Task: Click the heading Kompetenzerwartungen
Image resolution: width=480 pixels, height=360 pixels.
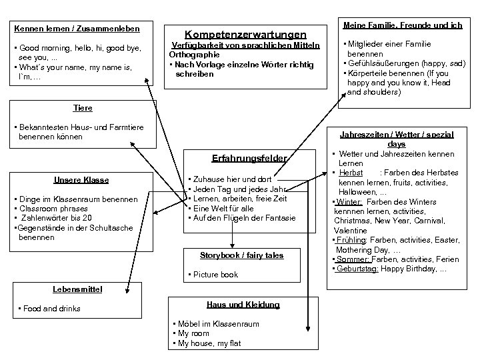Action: point(245,33)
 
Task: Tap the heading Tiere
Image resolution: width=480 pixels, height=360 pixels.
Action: point(83,107)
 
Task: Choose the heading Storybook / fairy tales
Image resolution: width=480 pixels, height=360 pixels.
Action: point(241,255)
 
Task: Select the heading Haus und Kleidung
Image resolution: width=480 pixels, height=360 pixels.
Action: point(243,304)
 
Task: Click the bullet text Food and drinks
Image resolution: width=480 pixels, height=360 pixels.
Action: point(51,309)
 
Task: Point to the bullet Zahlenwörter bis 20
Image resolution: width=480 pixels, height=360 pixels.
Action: point(55,219)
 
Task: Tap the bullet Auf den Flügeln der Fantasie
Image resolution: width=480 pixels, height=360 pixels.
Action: point(243,218)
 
